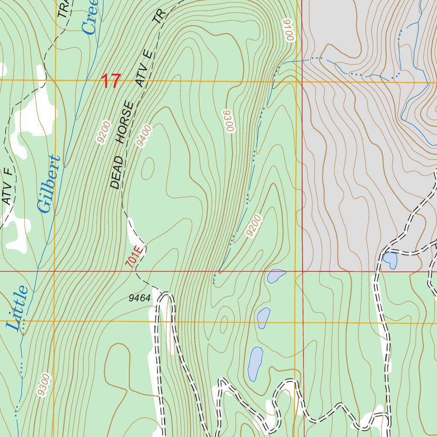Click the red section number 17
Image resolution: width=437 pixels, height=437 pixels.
(x=111, y=81)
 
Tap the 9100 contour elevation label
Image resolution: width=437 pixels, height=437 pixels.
(x=288, y=30)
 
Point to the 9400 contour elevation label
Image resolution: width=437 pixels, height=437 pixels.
(x=144, y=136)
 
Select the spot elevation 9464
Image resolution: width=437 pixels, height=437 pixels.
(x=140, y=298)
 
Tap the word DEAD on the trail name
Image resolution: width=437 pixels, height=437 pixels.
(x=116, y=172)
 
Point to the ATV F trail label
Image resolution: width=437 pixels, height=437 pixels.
(x=7, y=186)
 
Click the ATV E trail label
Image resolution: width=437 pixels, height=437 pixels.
(x=144, y=68)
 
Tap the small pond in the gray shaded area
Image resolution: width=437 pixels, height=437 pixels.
(x=390, y=260)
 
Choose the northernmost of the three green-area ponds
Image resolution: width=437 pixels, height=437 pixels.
(x=276, y=276)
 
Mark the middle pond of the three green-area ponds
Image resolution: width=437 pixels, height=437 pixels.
(x=263, y=318)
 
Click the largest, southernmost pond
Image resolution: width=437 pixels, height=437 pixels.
(x=255, y=363)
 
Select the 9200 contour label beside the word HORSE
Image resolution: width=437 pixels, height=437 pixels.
(x=104, y=133)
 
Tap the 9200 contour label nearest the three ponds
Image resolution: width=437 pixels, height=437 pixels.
(x=253, y=226)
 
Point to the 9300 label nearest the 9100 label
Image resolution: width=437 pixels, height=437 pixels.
(x=229, y=121)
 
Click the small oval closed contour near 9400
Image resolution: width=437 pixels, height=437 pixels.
(x=148, y=168)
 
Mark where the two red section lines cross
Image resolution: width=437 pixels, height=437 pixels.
(x=303, y=271)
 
